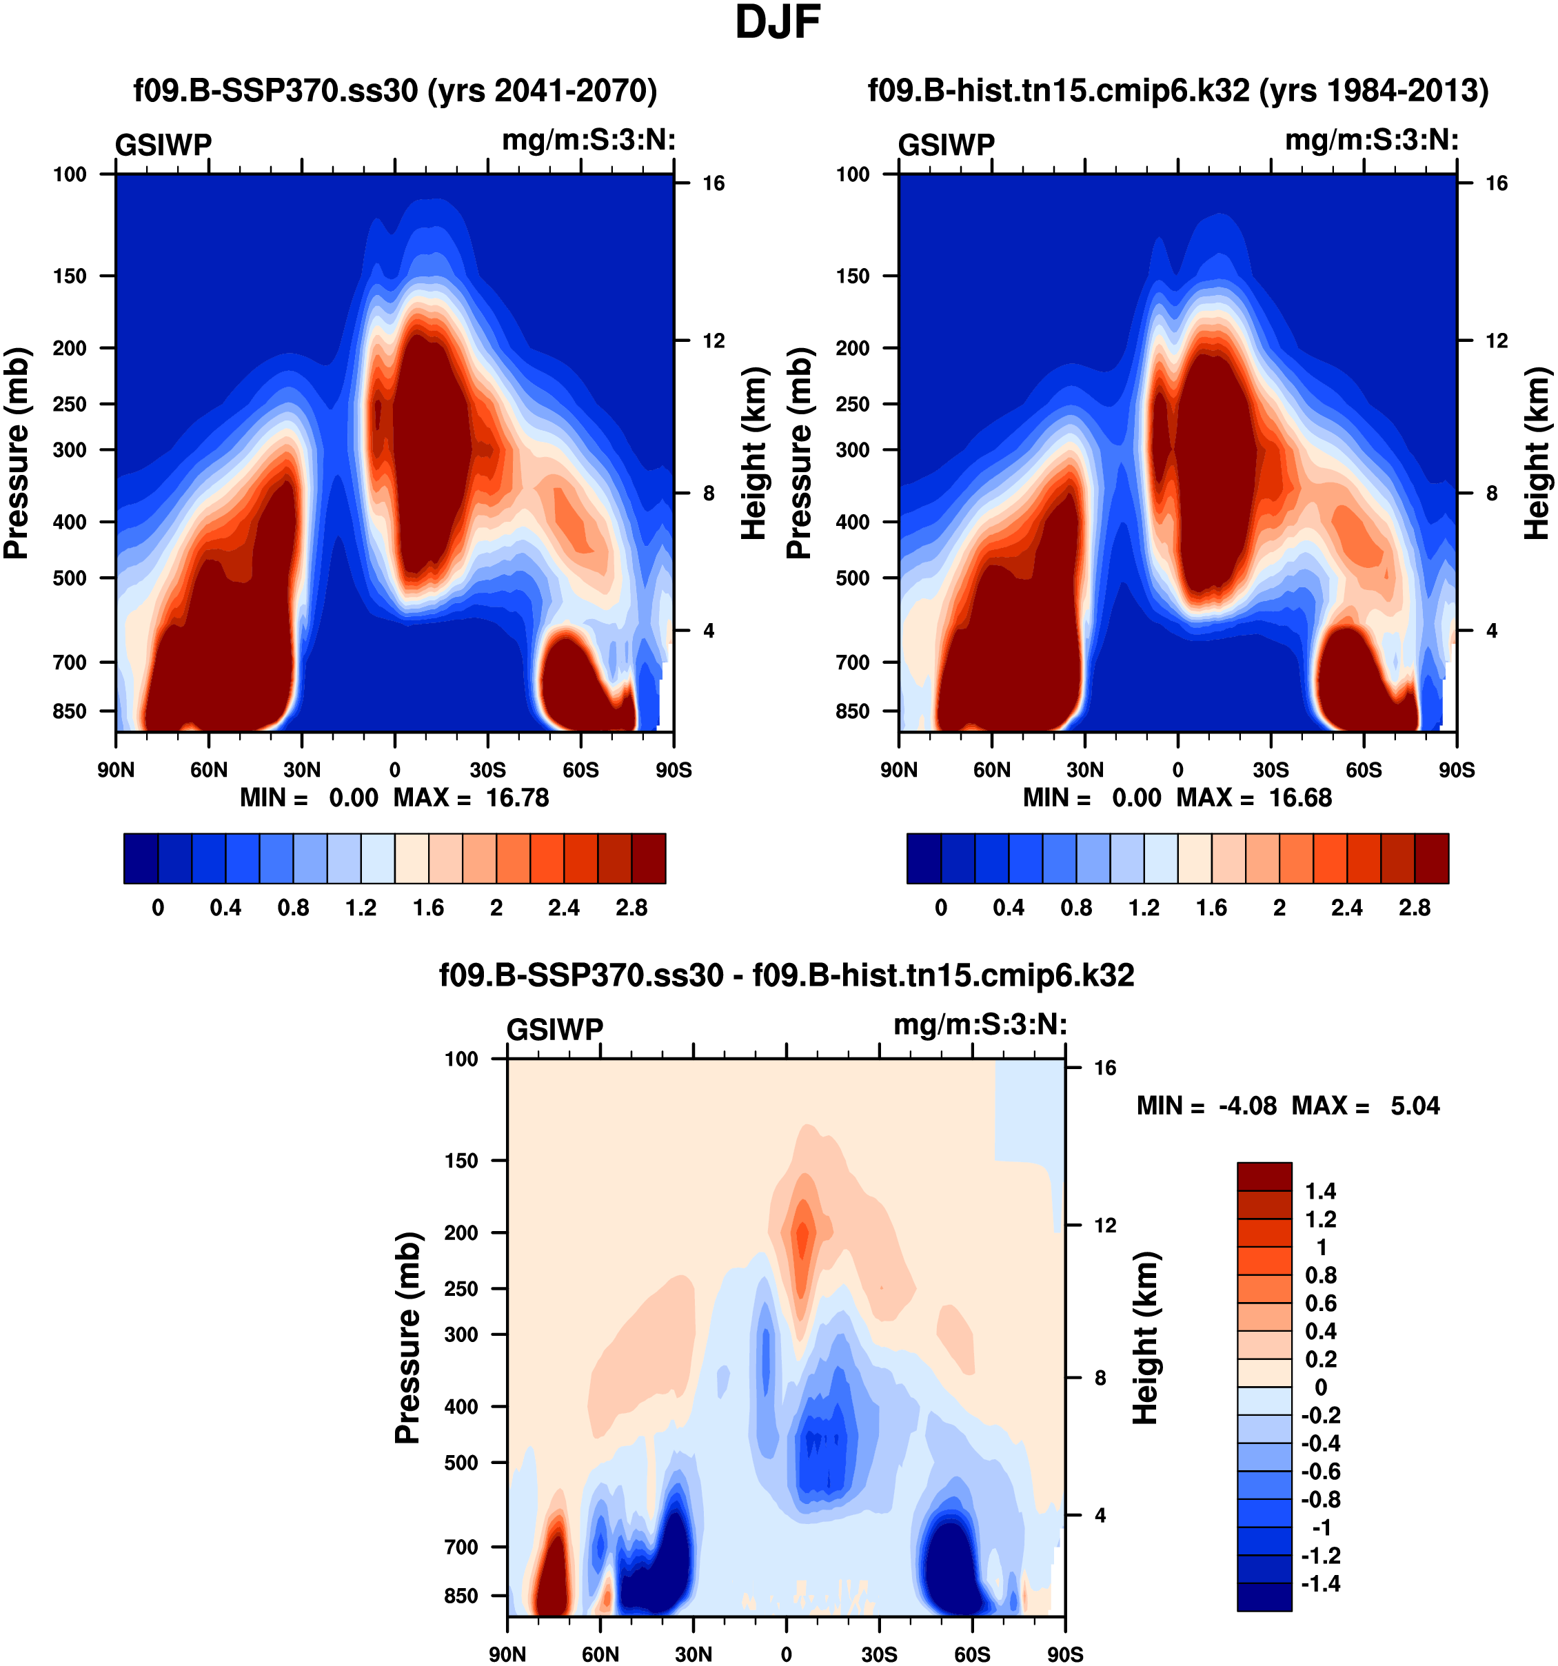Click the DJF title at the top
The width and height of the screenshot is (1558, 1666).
pos(777,23)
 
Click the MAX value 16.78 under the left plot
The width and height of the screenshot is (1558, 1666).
pos(517,798)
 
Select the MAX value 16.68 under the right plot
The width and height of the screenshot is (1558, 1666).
pos(1300,798)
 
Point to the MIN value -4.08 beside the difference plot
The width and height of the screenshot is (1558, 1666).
pos(1247,1106)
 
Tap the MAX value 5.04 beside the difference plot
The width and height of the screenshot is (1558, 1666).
pos(1415,1106)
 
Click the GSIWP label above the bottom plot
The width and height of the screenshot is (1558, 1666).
pos(555,1030)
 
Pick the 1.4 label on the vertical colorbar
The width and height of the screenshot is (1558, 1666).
pos(1320,1192)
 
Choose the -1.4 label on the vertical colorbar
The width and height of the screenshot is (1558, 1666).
pos(1320,1584)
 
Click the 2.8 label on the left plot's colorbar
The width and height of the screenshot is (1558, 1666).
pos(631,908)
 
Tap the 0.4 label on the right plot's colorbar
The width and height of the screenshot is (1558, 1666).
pos(1008,908)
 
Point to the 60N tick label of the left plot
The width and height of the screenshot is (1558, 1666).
pos(209,770)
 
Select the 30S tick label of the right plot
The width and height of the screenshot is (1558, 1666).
pos(1271,770)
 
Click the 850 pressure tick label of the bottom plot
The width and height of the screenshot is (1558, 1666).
pos(461,1596)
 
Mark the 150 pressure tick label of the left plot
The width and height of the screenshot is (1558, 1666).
pos(70,276)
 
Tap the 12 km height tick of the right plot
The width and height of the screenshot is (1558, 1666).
pos(1496,341)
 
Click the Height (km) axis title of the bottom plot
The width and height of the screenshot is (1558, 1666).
pos(1146,1339)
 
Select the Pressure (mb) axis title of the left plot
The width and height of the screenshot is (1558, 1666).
pos(17,454)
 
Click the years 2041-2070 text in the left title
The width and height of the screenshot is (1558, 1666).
pos(543,90)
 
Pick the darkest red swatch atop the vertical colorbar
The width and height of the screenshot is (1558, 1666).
pos(1264,1177)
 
